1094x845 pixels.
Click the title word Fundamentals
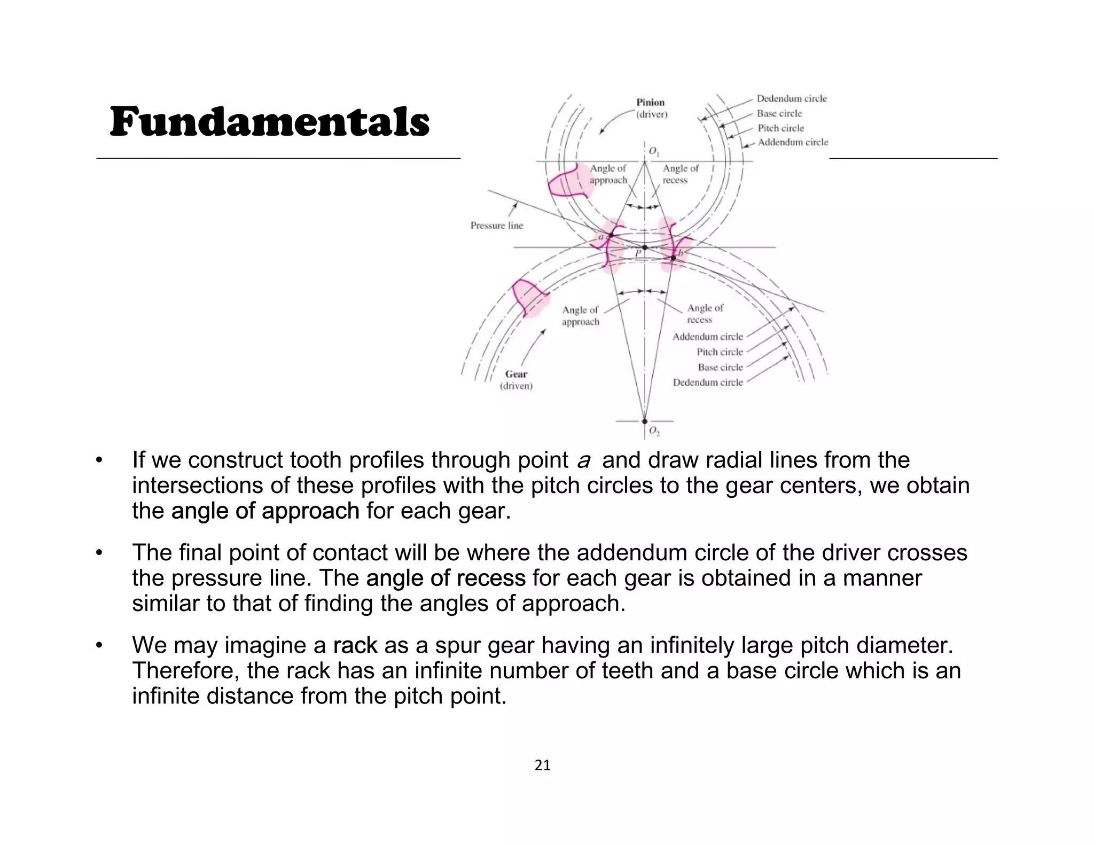pos(269,122)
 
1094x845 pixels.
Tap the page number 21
pos(542,765)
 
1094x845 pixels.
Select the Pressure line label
pos(496,225)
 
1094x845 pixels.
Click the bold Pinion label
pos(650,103)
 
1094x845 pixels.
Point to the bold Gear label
pos(516,374)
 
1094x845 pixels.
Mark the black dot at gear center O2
pos(645,421)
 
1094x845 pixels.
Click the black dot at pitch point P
pos(645,247)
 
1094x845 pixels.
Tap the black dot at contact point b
pos(673,258)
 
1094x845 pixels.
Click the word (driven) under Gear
pos(516,386)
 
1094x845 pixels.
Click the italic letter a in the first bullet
pos(584,461)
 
